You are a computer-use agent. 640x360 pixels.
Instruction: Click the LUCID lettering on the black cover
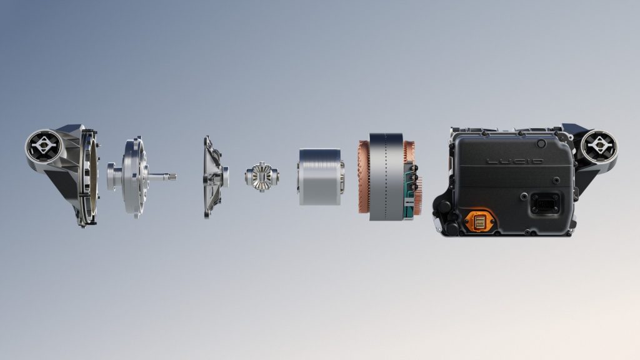(515, 162)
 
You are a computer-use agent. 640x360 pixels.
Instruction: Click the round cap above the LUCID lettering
(541, 143)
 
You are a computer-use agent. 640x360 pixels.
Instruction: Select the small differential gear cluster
(262, 177)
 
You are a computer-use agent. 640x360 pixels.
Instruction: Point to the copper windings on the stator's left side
(364, 177)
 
